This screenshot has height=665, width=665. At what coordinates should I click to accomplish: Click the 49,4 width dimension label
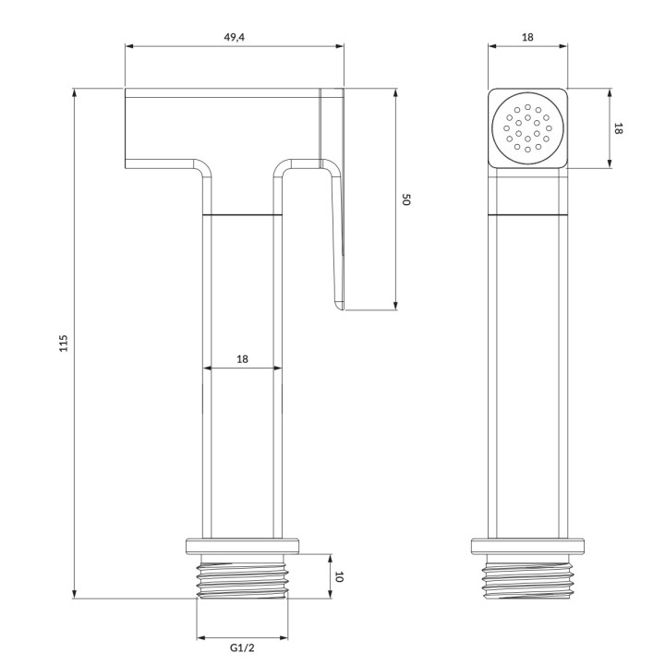234,37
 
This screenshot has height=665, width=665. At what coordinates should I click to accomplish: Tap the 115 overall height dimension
63,344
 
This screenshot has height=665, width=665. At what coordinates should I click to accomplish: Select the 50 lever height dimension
405,199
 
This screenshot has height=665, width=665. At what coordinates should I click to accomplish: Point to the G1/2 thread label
242,647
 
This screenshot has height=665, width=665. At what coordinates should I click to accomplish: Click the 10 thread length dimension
338,576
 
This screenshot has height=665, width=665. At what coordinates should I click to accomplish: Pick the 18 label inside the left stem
242,359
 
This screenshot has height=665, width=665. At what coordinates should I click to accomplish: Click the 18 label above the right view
527,37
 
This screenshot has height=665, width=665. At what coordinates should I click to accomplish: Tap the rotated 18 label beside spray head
618,128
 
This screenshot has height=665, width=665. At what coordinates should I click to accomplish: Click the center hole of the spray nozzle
527,128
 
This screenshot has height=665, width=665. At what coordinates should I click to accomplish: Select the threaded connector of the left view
242,576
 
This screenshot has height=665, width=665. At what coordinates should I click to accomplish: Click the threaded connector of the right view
527,576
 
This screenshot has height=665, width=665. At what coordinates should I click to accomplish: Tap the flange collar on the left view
242,546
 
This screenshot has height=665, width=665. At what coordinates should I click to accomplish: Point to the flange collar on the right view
527,546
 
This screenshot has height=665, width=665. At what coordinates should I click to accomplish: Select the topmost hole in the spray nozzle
527,107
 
